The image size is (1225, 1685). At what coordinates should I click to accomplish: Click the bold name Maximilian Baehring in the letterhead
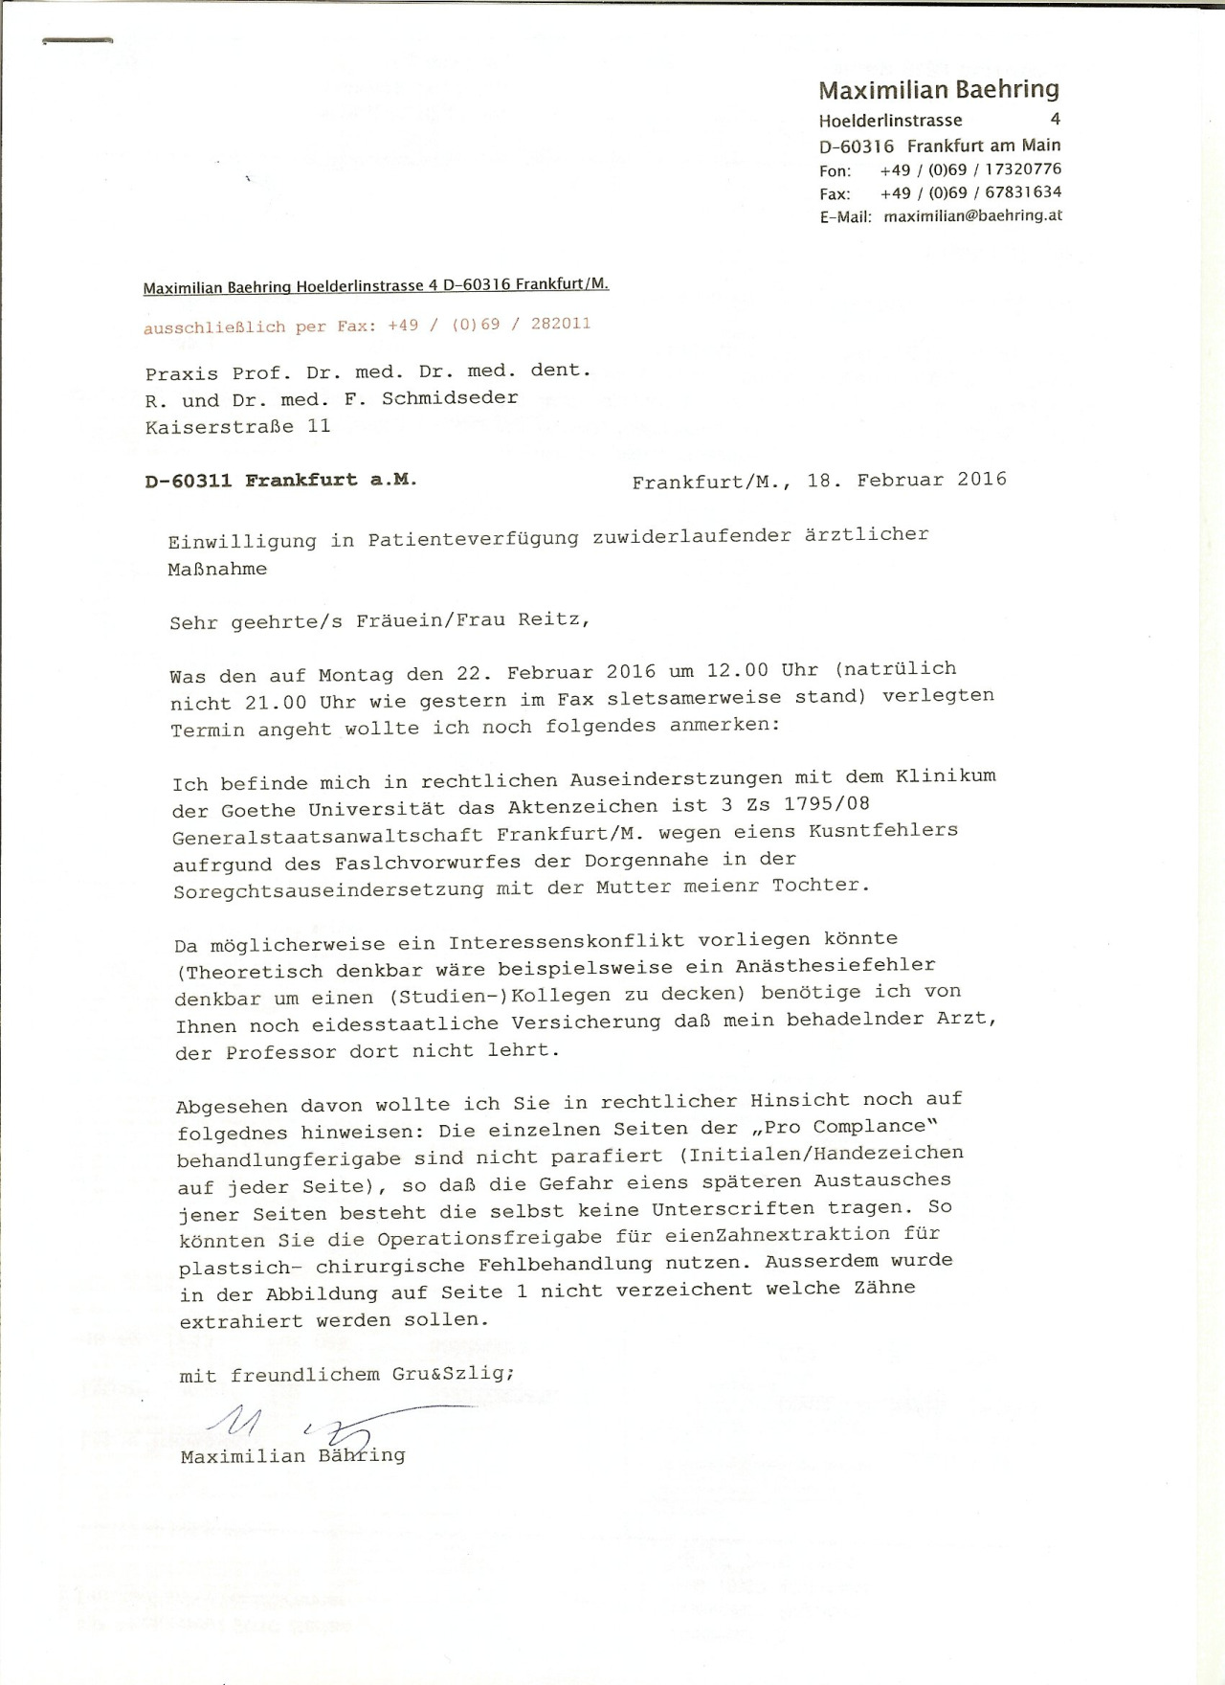pos(939,90)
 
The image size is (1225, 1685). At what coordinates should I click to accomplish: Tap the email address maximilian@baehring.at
pos(972,216)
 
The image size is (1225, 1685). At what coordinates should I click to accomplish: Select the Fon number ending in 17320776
pos(970,169)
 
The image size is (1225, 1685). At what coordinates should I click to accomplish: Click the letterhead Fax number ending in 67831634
pos(970,192)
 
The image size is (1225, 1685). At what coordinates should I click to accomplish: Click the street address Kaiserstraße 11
pos(238,427)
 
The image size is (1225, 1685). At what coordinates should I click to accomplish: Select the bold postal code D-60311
pos(189,482)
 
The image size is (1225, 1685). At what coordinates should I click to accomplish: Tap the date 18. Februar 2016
pos(906,480)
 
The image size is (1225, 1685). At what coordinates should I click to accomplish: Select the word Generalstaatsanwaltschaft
pos(327,835)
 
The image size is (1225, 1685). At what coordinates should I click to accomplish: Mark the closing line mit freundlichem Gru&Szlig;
pos(347,1375)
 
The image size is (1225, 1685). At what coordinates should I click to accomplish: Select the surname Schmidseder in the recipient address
pos(450,398)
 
